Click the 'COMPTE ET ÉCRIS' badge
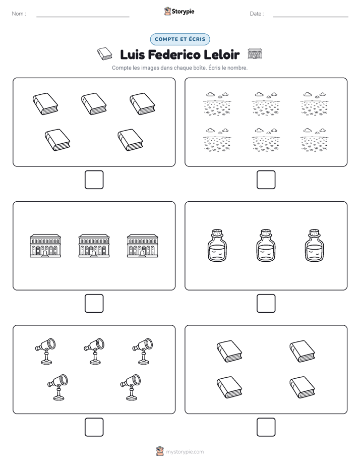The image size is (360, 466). pyautogui.click(x=180, y=39)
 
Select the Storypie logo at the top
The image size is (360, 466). pyautogui.click(x=179, y=12)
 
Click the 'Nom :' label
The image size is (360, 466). pyautogui.click(x=19, y=14)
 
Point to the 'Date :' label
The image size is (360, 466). pyautogui.click(x=257, y=14)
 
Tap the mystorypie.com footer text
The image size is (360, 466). pyautogui.click(x=185, y=452)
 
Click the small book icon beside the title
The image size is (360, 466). pyautogui.click(x=104, y=54)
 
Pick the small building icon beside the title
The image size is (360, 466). pyautogui.click(x=255, y=54)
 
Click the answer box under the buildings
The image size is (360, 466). pyautogui.click(x=94, y=304)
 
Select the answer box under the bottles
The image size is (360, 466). pyautogui.click(x=266, y=304)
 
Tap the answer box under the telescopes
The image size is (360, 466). pyautogui.click(x=94, y=427)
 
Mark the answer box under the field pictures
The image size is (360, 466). pyautogui.click(x=266, y=180)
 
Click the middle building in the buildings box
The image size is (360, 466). pyautogui.click(x=94, y=246)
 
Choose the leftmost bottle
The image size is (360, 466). pyautogui.click(x=217, y=246)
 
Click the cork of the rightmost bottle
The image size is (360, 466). pyautogui.click(x=314, y=232)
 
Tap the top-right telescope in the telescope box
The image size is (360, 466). pyautogui.click(x=143, y=351)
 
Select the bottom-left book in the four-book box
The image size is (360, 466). pyautogui.click(x=229, y=387)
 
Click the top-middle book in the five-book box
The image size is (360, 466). pyautogui.click(x=94, y=104)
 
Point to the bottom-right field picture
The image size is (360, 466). pyautogui.click(x=314, y=140)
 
